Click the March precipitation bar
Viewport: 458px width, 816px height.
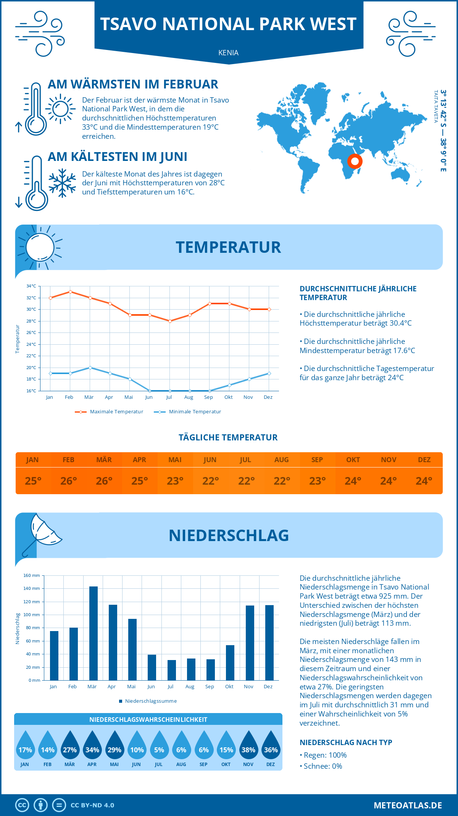point(93,633)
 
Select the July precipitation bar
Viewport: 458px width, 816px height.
point(171,670)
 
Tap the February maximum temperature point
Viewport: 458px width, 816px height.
point(70,292)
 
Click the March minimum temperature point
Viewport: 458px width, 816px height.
point(90,368)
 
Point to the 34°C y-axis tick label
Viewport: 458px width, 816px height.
point(31,286)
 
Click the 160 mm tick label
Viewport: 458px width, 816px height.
point(32,575)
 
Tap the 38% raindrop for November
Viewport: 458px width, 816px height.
point(248,745)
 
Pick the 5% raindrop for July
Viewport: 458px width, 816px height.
point(159,745)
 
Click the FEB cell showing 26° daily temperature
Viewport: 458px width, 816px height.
point(69,481)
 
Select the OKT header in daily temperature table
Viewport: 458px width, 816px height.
point(353,460)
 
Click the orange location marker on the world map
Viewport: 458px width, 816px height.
point(355,161)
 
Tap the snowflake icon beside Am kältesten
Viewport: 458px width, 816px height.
point(62,183)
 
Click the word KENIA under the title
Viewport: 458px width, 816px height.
point(228,53)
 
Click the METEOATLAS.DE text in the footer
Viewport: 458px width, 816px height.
point(408,805)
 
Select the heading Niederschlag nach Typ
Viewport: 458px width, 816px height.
point(346,742)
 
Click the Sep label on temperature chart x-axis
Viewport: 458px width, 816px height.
point(208,397)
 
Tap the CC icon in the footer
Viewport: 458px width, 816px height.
point(22,805)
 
